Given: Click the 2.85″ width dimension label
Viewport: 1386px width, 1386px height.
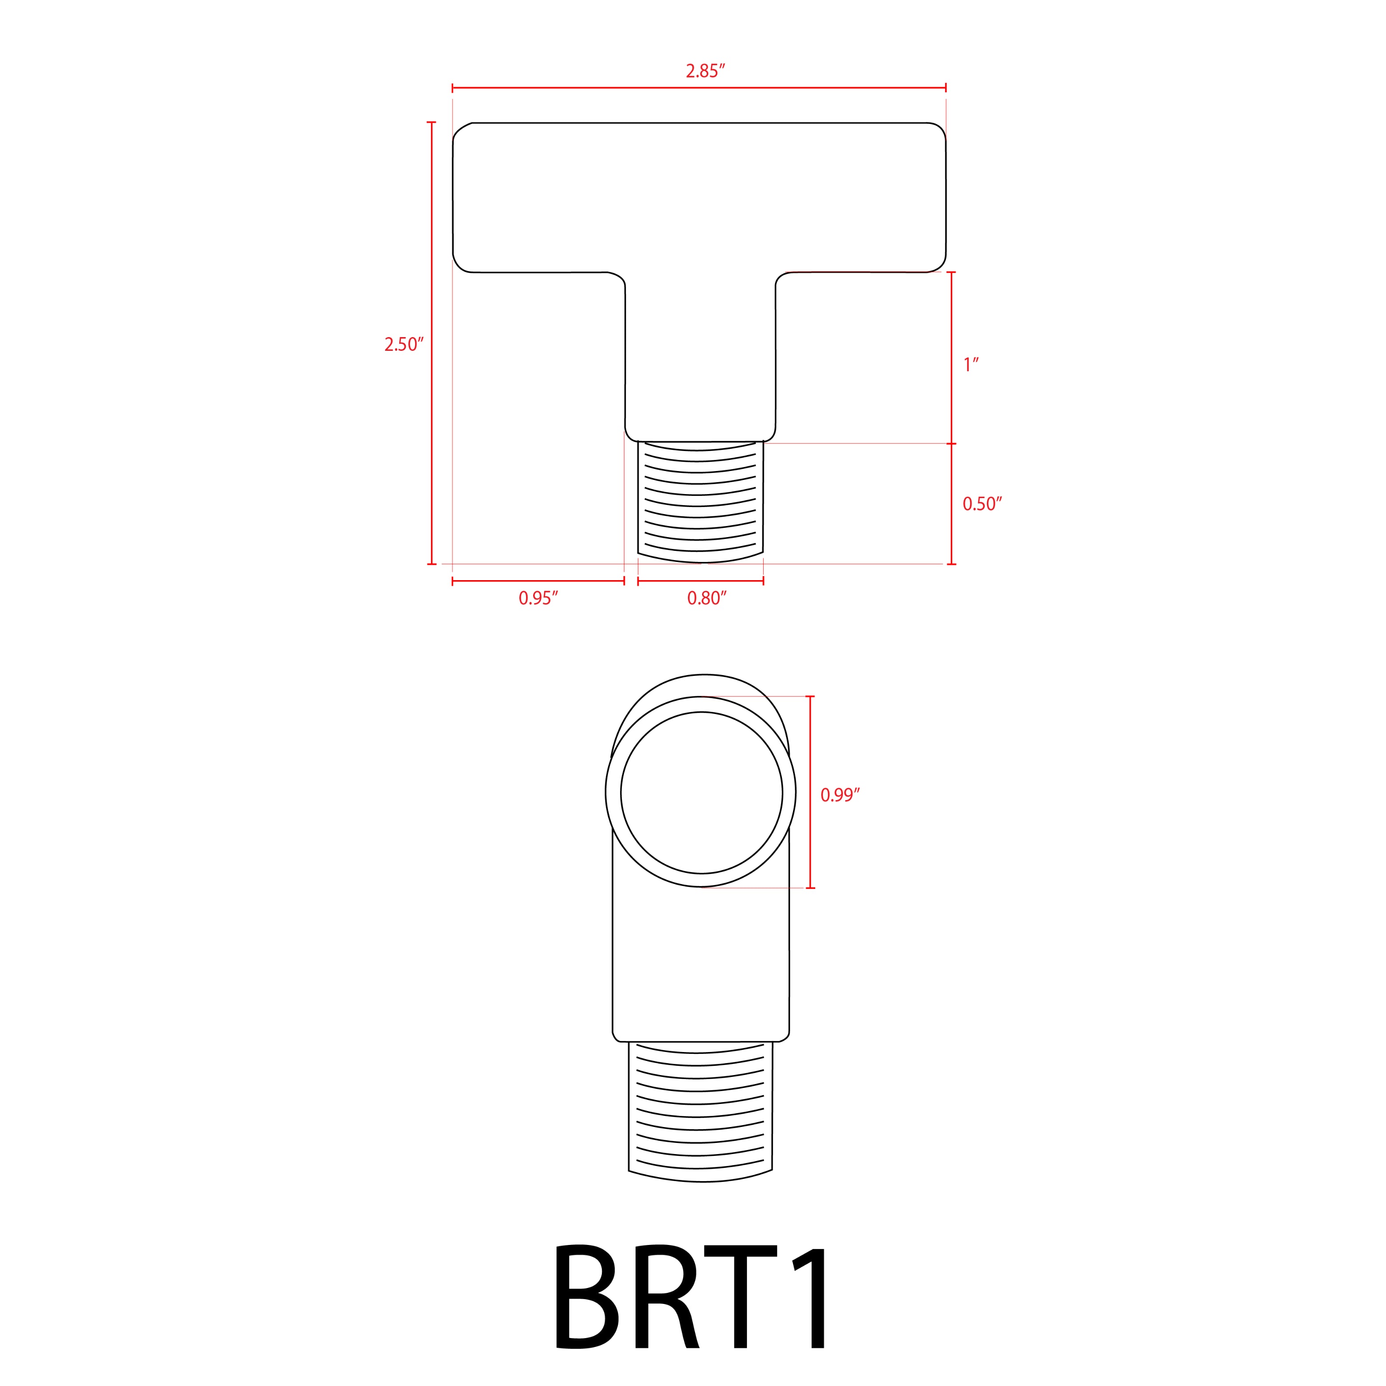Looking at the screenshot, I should coord(705,71).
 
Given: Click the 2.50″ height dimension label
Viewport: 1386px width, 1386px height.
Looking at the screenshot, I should coord(404,345).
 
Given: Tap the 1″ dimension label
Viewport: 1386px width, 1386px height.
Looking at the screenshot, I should coord(970,365).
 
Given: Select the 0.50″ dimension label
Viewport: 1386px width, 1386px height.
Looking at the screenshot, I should coord(982,504).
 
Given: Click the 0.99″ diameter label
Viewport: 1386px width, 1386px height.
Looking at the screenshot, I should coord(839,795).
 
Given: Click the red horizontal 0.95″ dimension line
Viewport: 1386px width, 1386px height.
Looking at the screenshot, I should coord(538,581).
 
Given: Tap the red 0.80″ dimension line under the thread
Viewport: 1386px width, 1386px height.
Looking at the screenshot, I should coord(700,581).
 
